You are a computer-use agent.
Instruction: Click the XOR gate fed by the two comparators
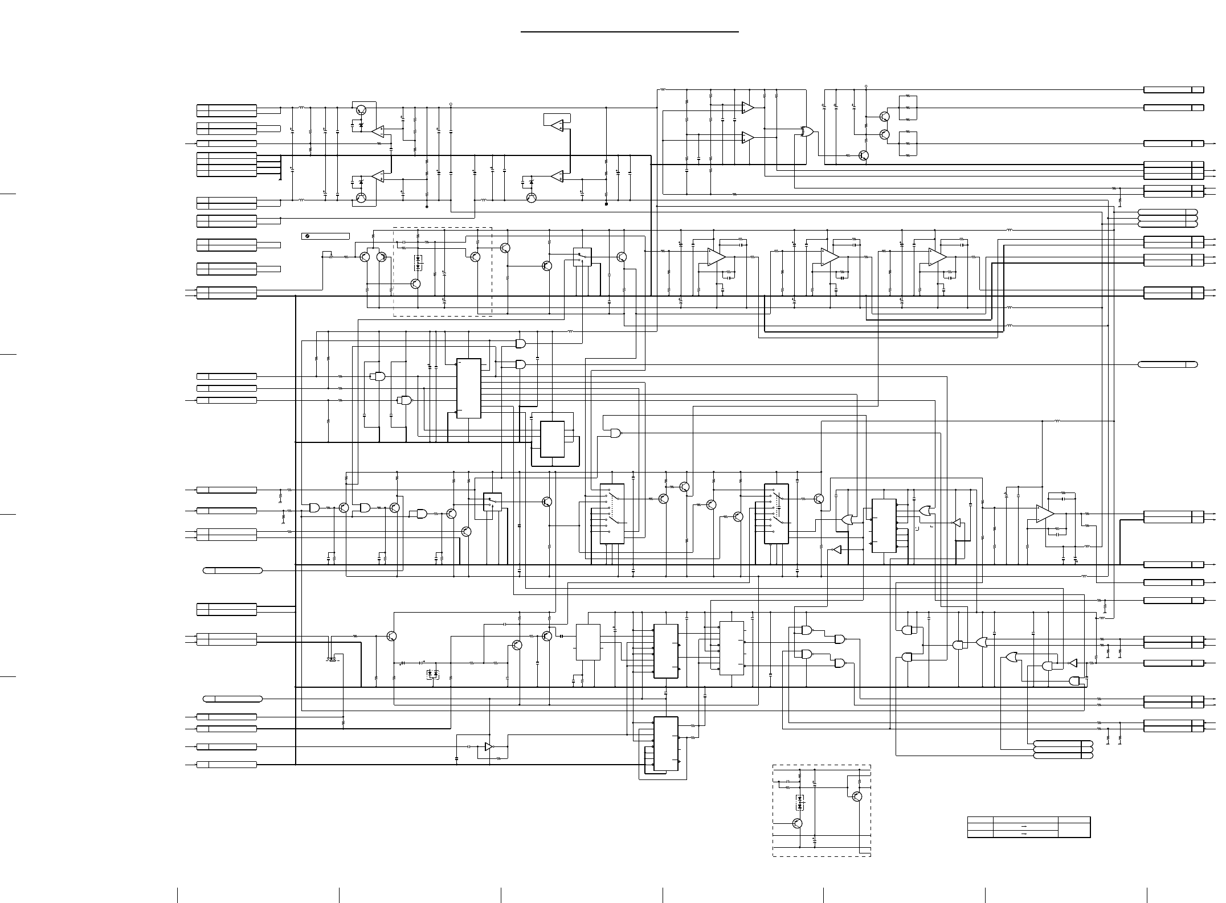point(806,132)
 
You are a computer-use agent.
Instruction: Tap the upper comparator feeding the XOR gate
point(747,108)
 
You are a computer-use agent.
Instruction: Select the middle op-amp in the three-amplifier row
point(829,257)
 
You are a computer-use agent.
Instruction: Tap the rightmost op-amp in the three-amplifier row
point(937,257)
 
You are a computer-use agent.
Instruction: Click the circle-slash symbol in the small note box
point(307,236)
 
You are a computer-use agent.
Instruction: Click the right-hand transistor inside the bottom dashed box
point(857,797)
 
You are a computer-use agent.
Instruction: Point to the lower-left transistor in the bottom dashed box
point(798,823)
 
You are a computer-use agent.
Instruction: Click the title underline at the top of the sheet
point(630,32)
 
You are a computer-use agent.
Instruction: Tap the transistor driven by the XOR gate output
point(864,155)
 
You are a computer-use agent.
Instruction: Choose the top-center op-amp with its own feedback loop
point(558,125)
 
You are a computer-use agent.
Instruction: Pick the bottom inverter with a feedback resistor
point(489,746)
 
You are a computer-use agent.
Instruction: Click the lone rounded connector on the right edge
point(1167,364)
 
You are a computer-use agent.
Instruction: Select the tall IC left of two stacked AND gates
point(468,388)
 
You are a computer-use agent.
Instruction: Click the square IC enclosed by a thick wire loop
point(552,439)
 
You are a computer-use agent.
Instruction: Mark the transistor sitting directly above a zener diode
point(361,110)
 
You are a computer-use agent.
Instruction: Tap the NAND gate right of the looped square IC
point(616,433)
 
